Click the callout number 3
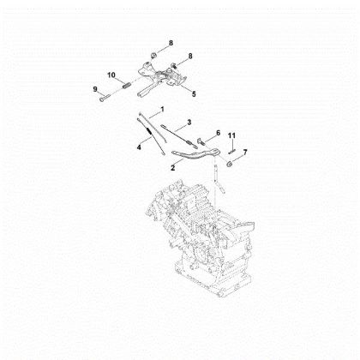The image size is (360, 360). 189,123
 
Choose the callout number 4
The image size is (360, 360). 139,147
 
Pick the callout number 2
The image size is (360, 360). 174,169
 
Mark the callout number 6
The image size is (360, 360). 218,133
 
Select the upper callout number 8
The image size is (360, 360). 171,42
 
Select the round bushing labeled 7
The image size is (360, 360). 232,157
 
